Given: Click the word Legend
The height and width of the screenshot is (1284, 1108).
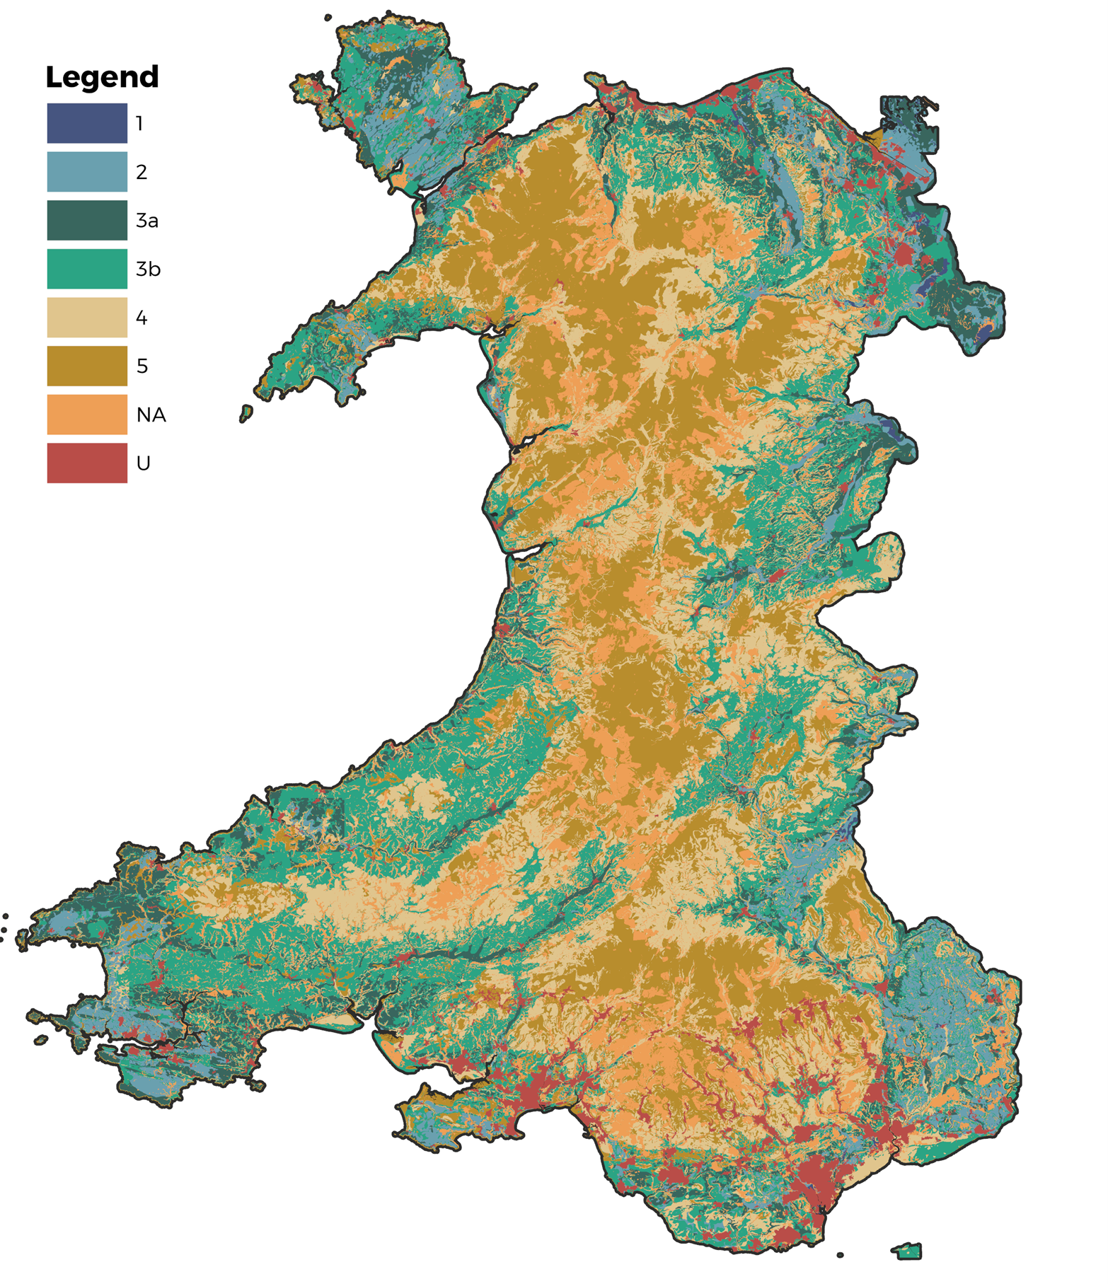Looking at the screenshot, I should click(x=102, y=77).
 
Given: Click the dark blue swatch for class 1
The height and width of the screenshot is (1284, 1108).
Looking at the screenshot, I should click(x=87, y=123).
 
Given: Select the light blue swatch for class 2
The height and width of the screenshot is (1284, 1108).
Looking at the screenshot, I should click(x=87, y=171).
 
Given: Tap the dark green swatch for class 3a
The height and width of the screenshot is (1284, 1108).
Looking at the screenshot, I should click(x=87, y=220).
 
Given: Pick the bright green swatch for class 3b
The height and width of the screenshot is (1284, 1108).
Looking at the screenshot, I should click(x=87, y=269).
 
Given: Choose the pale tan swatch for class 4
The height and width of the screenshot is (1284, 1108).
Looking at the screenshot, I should click(x=87, y=317).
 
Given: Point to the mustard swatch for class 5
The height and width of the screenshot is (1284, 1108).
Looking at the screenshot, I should click(x=87, y=366).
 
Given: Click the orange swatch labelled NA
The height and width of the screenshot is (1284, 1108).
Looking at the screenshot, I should click(x=87, y=415).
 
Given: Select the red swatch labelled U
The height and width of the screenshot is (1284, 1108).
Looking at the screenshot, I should click(x=87, y=463).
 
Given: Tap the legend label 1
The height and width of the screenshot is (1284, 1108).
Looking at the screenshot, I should click(x=140, y=124).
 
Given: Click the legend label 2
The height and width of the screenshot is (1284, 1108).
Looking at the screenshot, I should click(x=142, y=172).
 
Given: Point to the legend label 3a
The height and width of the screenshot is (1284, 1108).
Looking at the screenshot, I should click(x=147, y=221).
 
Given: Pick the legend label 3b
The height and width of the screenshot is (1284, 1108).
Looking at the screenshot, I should click(x=149, y=269).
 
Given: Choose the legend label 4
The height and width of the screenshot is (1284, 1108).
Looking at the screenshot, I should click(x=142, y=318).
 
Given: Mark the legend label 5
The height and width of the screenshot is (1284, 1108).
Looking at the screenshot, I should click(x=142, y=366).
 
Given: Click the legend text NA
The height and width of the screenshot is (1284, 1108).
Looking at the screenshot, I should click(x=151, y=415).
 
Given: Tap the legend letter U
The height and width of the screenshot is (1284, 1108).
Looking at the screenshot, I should click(x=144, y=463).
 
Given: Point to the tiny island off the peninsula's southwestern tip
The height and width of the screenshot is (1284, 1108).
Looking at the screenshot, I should click(x=246, y=413).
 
